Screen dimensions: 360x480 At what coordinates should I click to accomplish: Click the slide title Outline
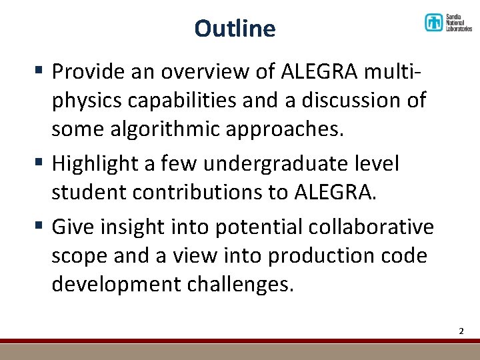235,29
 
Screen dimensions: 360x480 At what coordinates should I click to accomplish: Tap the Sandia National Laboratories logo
448,23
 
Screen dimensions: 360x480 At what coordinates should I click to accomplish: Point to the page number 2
461,331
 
